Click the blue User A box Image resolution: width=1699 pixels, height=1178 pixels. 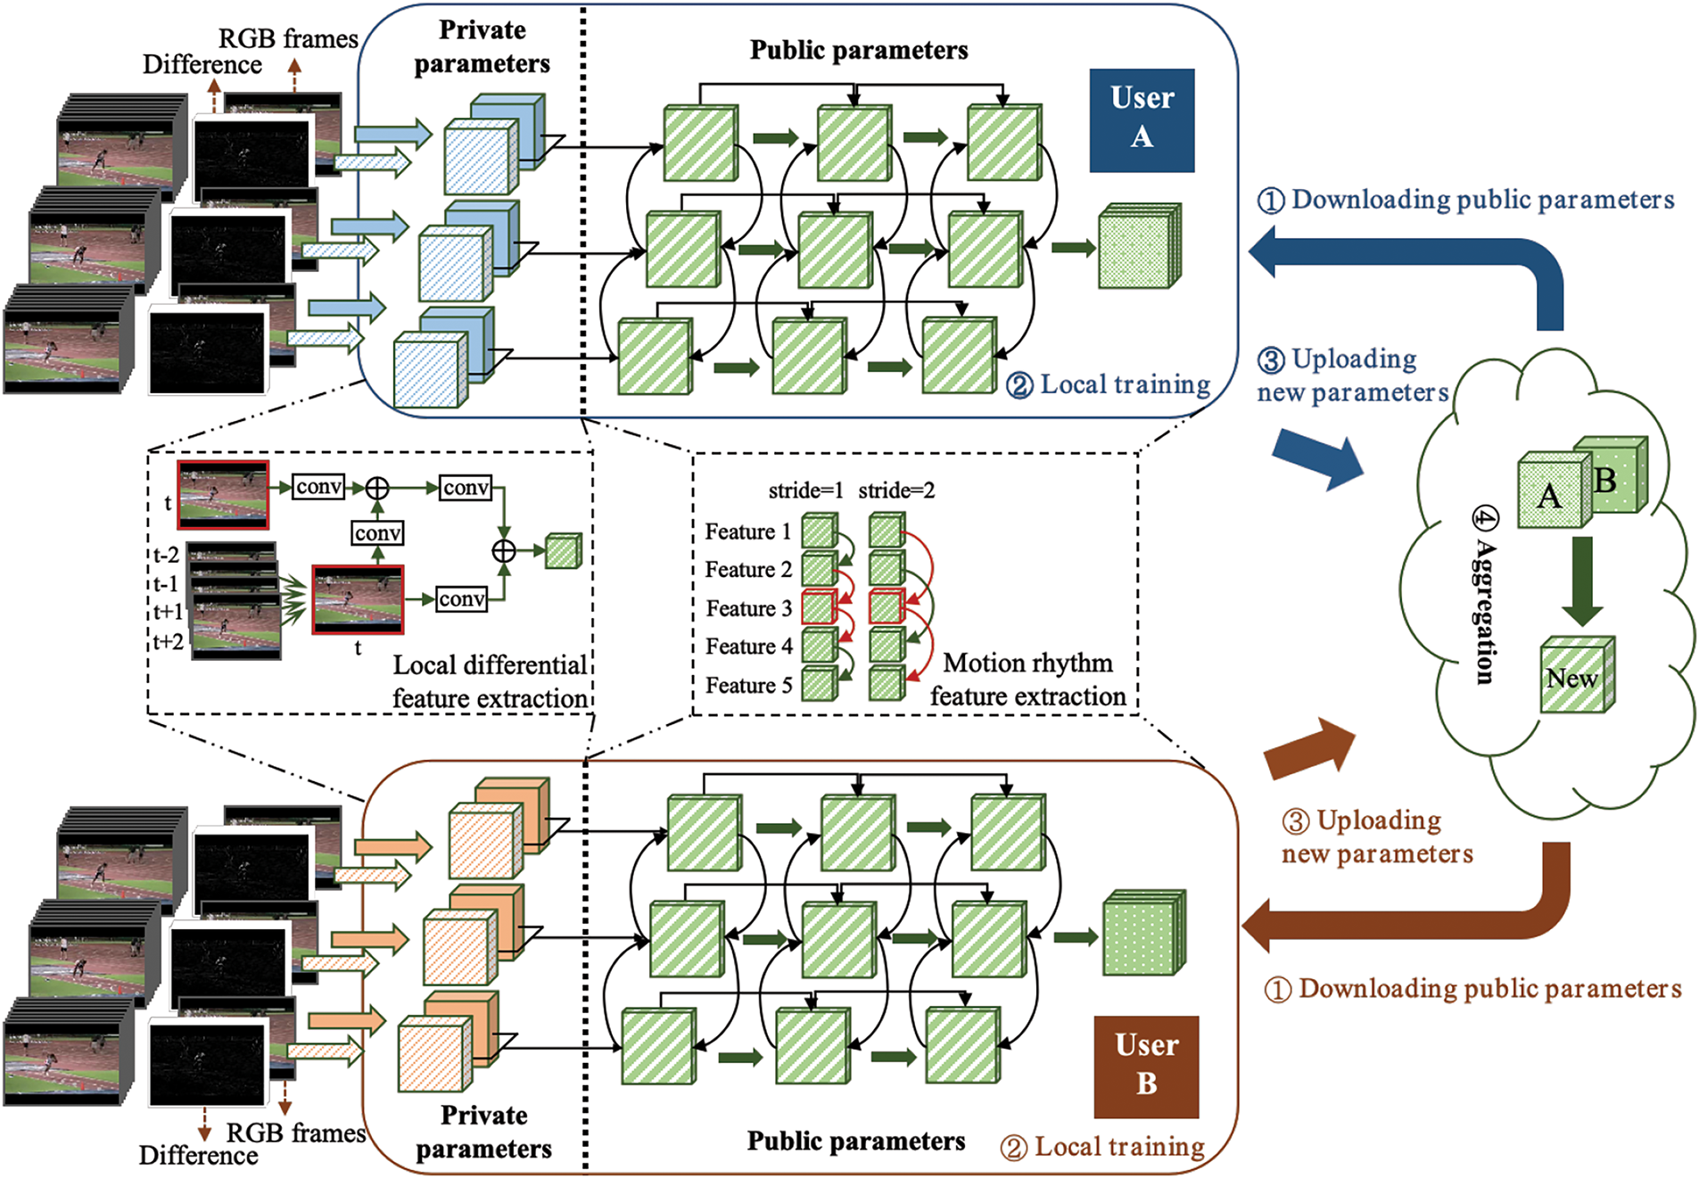pos(1141,119)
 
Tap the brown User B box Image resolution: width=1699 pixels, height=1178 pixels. pos(1146,1067)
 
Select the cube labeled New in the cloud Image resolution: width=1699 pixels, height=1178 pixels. pos(1575,676)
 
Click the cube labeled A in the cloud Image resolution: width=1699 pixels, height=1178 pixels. pos(1553,492)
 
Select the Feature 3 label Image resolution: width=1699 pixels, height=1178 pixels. pos(748,608)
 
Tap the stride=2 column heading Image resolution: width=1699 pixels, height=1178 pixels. pos(895,490)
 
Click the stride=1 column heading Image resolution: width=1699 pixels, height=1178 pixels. pos(804,490)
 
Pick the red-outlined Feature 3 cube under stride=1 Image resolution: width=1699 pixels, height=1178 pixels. pos(819,606)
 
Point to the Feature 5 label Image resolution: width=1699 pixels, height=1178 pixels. pos(748,685)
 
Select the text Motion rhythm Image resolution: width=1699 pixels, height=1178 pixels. pos(1027,663)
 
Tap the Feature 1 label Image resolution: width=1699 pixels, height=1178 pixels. pos(747,531)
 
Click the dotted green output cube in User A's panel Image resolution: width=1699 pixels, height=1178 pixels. pos(1138,247)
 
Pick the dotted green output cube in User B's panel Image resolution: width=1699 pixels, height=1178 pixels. pos(1142,934)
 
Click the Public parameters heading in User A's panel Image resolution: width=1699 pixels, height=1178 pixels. pos(858,50)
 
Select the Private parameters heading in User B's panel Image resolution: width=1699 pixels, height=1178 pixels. pos(483,1132)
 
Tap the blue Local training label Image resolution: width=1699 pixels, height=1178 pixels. pos(1109,384)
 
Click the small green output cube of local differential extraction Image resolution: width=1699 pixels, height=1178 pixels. pos(563,551)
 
